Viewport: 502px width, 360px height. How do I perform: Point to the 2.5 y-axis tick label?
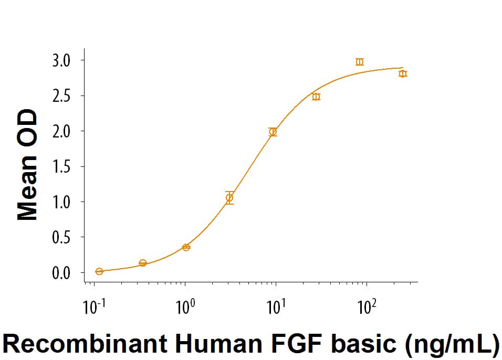pos(60,96)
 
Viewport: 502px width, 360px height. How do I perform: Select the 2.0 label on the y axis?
pos(60,131)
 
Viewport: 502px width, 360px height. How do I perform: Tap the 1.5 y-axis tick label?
pos(60,167)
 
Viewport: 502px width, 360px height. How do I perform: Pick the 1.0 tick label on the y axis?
pos(60,202)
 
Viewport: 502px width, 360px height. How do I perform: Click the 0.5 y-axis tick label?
pos(60,237)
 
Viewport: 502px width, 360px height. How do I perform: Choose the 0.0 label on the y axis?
pos(60,273)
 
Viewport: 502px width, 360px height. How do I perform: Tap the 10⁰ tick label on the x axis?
pos(184,305)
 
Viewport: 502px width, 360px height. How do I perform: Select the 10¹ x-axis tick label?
pos(275,305)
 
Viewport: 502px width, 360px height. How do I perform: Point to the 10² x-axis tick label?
pos(366,305)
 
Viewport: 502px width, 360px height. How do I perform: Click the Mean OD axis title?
pos(28,165)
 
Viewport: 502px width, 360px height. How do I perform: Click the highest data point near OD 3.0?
pos(359,62)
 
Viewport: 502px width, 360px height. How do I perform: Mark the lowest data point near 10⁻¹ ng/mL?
pos(99,271)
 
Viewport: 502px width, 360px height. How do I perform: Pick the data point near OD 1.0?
pos(229,198)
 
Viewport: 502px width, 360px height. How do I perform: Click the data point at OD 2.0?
pos(273,132)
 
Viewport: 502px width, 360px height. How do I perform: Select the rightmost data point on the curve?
pos(403,73)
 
